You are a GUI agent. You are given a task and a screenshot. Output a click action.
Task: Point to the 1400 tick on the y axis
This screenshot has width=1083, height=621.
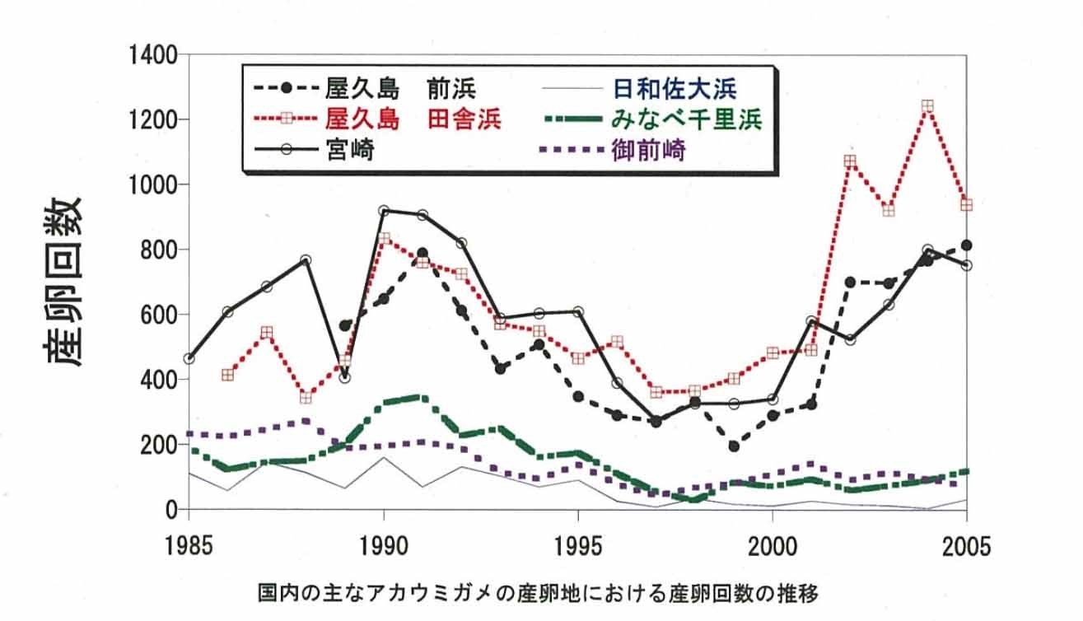point(154,56)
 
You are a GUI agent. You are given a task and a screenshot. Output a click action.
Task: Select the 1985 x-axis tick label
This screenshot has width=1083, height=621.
point(189,546)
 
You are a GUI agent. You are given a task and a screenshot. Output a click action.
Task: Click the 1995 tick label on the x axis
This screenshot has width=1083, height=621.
point(578,546)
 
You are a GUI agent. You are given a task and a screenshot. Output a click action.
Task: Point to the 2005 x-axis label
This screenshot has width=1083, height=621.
point(966,546)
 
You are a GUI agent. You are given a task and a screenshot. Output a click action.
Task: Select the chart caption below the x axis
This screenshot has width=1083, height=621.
point(540,592)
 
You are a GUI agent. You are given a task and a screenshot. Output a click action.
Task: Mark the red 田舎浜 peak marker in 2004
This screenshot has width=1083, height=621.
point(927,106)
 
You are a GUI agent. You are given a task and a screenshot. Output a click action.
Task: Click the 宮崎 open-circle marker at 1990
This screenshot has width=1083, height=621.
point(384,211)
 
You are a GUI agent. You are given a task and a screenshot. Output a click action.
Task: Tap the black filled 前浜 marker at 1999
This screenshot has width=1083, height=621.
point(734,446)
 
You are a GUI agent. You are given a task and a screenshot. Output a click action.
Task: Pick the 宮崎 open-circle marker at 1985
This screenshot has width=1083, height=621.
point(189,359)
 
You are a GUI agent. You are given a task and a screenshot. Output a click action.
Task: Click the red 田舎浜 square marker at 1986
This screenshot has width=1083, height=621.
point(228,376)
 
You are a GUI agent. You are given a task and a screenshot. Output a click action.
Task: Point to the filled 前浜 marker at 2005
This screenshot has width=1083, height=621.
point(966,245)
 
